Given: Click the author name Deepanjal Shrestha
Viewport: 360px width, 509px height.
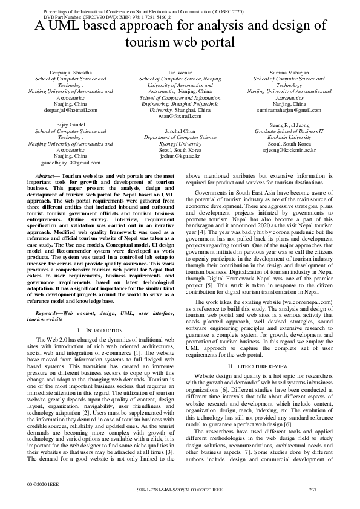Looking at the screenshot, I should coord(70,72).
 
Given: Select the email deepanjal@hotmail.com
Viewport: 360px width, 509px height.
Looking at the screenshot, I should coord(70,111).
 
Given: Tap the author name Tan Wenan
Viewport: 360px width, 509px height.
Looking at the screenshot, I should coord(180,72).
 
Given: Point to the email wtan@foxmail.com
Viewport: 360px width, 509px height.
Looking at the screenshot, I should coord(180,116).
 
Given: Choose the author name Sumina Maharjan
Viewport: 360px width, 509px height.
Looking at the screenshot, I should coord(289,72).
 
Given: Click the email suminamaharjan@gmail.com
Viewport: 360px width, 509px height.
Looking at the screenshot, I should coord(289,111).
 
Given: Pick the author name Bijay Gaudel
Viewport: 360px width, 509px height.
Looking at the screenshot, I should coord(70,124).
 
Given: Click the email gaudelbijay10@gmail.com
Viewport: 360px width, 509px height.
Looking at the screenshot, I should coord(70,163).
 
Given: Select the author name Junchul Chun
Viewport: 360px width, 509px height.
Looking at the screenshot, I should coord(180,131).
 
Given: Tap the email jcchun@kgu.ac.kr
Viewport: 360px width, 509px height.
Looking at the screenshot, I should coord(180,156).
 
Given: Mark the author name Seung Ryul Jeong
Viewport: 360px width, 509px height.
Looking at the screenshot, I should coord(289,124).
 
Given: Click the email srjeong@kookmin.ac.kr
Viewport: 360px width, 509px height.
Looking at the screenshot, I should coord(289,149).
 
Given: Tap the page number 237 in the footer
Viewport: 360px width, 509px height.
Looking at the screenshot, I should coord(313,489).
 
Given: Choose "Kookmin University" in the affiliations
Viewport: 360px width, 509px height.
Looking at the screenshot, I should coord(289,137).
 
